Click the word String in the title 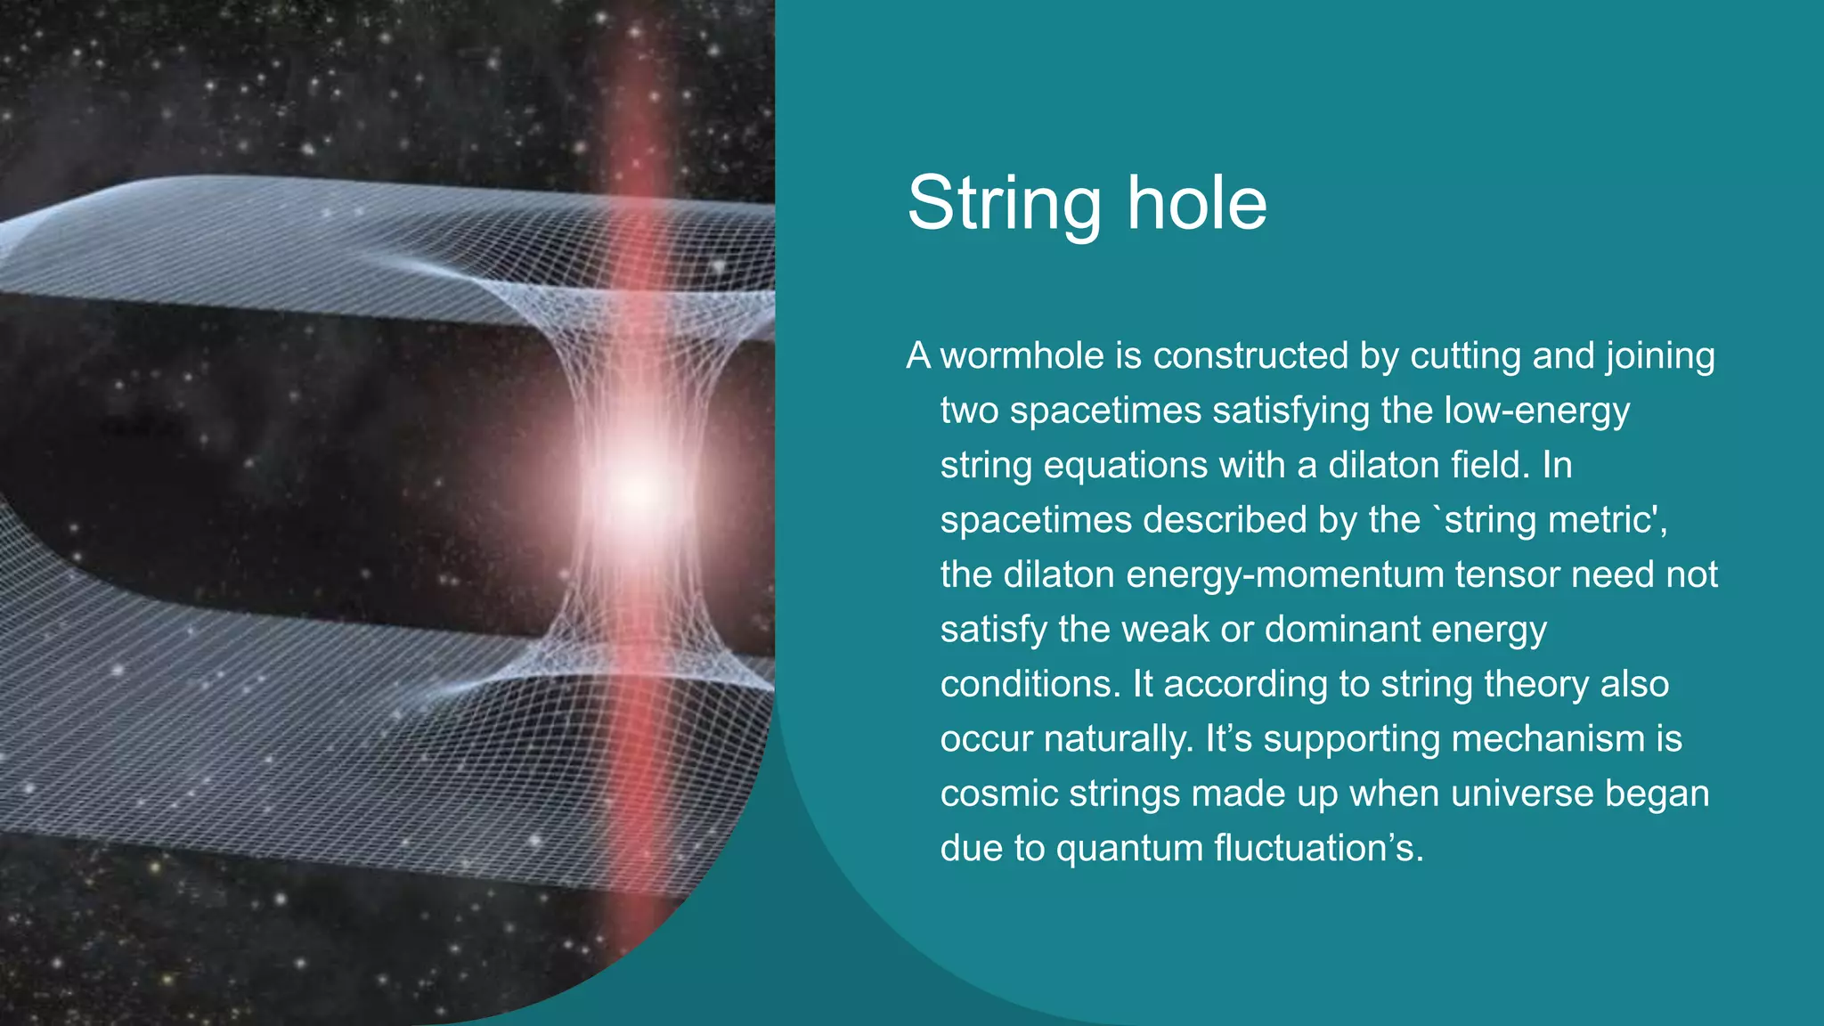point(1004,205)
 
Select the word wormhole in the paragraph point(1022,356)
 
